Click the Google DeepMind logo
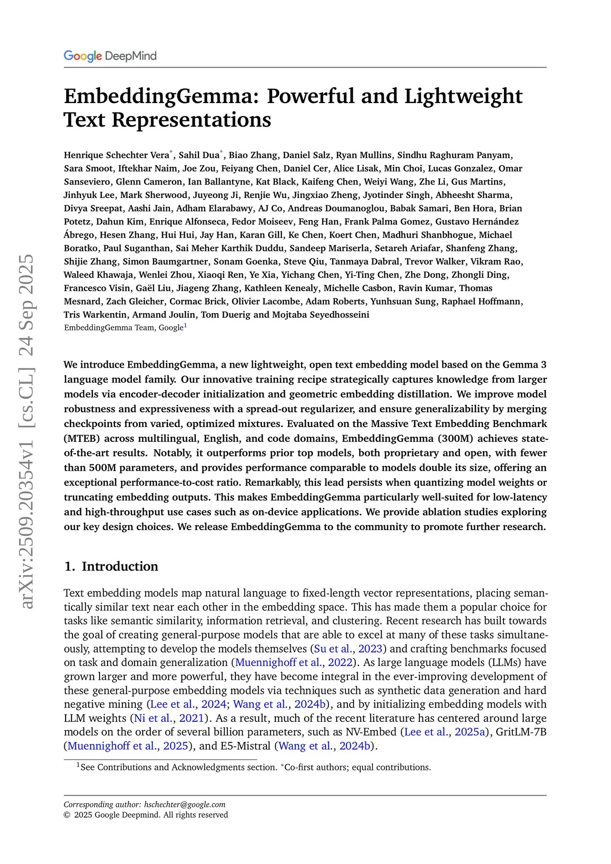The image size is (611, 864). [x=110, y=56]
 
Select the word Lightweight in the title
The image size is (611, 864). [x=463, y=96]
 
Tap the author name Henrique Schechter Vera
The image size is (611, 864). [x=117, y=155]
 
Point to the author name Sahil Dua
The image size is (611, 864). [x=199, y=155]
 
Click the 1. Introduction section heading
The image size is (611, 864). [x=111, y=566]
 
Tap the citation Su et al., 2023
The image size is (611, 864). [x=348, y=648]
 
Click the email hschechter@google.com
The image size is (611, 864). [x=185, y=804]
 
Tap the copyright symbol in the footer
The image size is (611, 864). [x=67, y=815]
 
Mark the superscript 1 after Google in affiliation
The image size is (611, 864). [x=185, y=326]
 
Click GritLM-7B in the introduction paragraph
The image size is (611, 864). [x=521, y=732]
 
